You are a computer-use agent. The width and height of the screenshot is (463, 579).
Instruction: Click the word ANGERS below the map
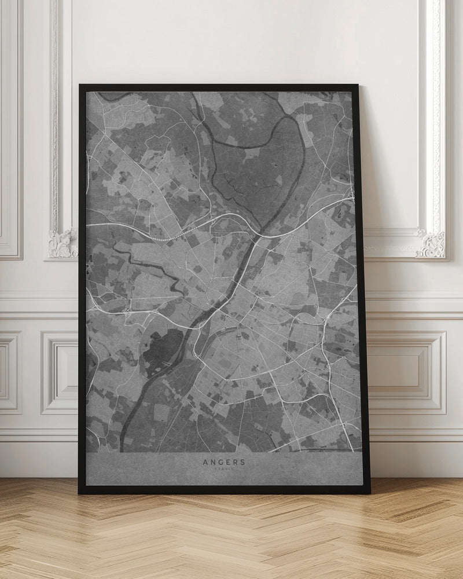pos(223,462)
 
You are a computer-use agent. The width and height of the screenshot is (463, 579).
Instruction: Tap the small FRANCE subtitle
pos(223,470)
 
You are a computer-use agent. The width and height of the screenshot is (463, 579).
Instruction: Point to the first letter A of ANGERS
pos(205,462)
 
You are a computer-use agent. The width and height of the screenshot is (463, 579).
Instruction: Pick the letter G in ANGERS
pos(220,462)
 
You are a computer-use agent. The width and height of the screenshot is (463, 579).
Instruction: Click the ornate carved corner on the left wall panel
pos(62,243)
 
